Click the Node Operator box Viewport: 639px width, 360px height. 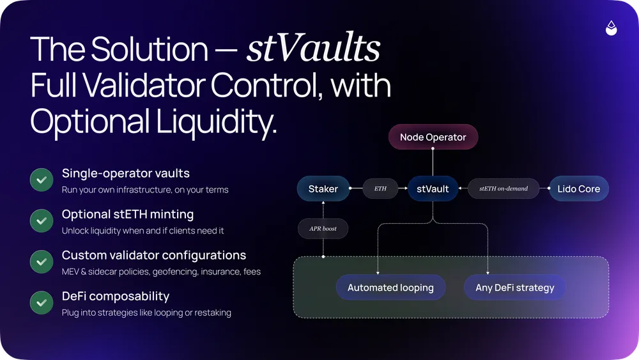click(433, 137)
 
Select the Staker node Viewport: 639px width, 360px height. click(323, 189)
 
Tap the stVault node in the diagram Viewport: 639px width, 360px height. click(433, 189)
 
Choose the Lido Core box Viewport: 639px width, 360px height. click(579, 189)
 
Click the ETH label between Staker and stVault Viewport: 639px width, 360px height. click(380, 189)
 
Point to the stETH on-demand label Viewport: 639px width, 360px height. click(504, 189)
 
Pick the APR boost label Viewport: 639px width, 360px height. click(324, 228)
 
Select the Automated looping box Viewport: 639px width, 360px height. click(390, 288)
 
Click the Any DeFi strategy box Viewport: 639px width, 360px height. click(515, 288)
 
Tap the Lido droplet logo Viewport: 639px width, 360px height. click(612, 28)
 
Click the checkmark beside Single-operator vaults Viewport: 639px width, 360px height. click(42, 180)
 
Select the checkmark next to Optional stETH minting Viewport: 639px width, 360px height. click(42, 221)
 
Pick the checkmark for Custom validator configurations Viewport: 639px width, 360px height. click(42, 262)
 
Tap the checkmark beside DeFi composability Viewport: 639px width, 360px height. click(42, 303)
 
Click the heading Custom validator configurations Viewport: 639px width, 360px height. click(154, 255)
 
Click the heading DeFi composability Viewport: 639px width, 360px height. click(116, 296)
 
